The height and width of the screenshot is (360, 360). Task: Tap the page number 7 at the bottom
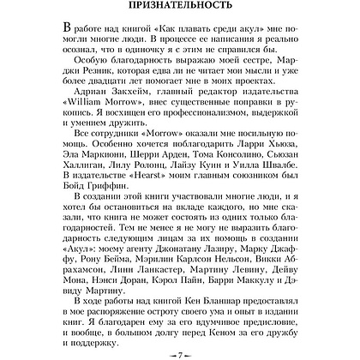tap(181, 351)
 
